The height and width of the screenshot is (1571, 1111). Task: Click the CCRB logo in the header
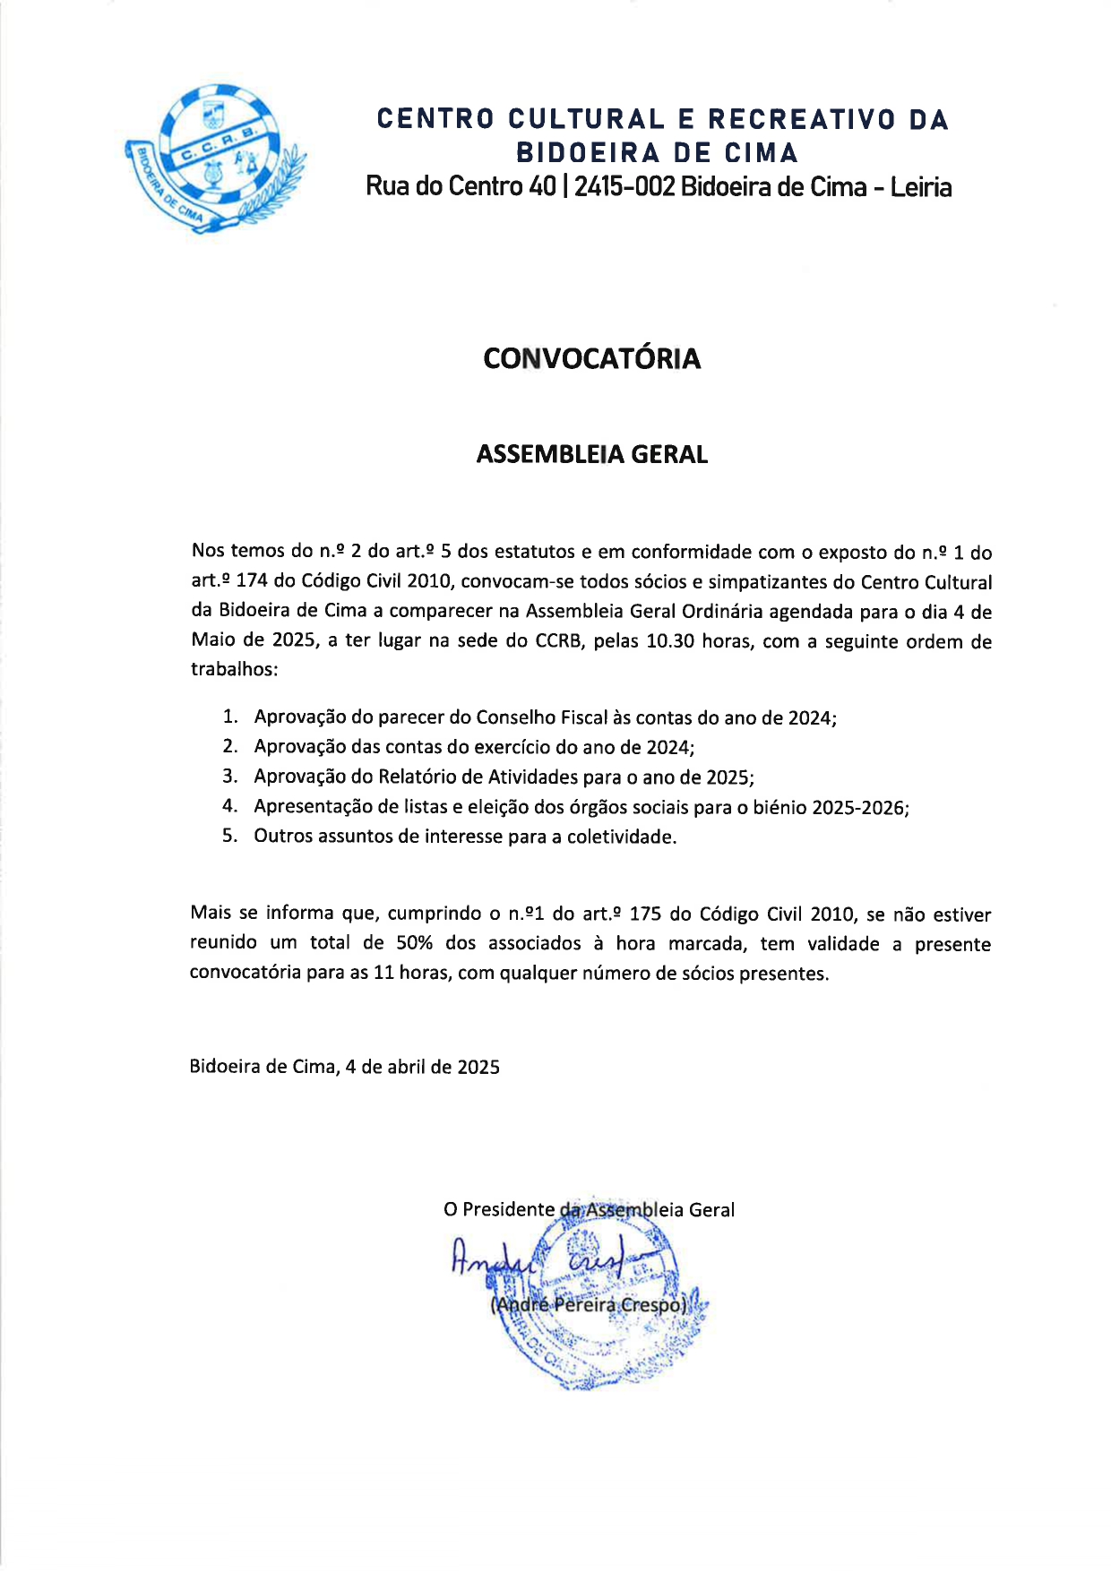[x=216, y=159]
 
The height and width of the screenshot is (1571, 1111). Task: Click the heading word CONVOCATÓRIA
[x=591, y=358]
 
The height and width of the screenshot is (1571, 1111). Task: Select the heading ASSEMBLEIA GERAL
[x=591, y=454]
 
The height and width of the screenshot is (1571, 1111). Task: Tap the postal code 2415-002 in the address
[x=624, y=186]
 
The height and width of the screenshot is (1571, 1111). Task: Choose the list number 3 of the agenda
[x=229, y=777]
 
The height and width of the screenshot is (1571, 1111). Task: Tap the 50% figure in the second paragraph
[x=415, y=943]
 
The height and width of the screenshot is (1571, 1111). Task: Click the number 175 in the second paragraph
[x=646, y=914]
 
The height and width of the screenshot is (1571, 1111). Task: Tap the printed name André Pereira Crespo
[x=589, y=1305]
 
